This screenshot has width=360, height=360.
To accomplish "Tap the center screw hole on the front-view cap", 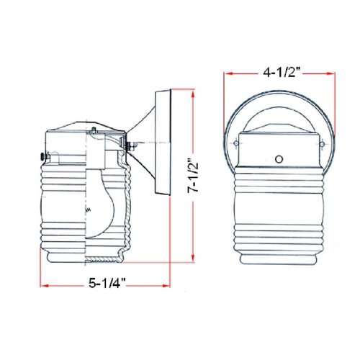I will pyautogui.click(x=279, y=158).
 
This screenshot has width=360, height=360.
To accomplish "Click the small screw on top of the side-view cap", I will pyautogui.click(x=94, y=129).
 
